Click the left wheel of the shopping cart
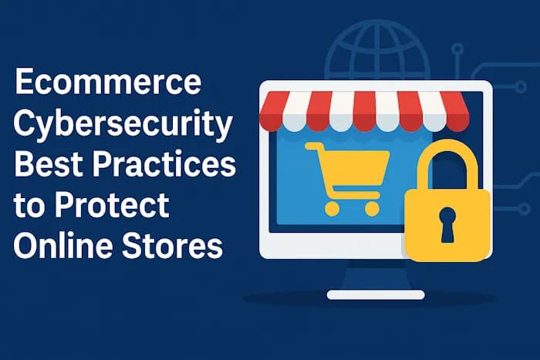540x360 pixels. tap(332, 208)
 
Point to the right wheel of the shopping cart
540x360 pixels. tap(372, 208)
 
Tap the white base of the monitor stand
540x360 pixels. tap(376, 294)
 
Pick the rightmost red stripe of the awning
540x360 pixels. tap(455, 111)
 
